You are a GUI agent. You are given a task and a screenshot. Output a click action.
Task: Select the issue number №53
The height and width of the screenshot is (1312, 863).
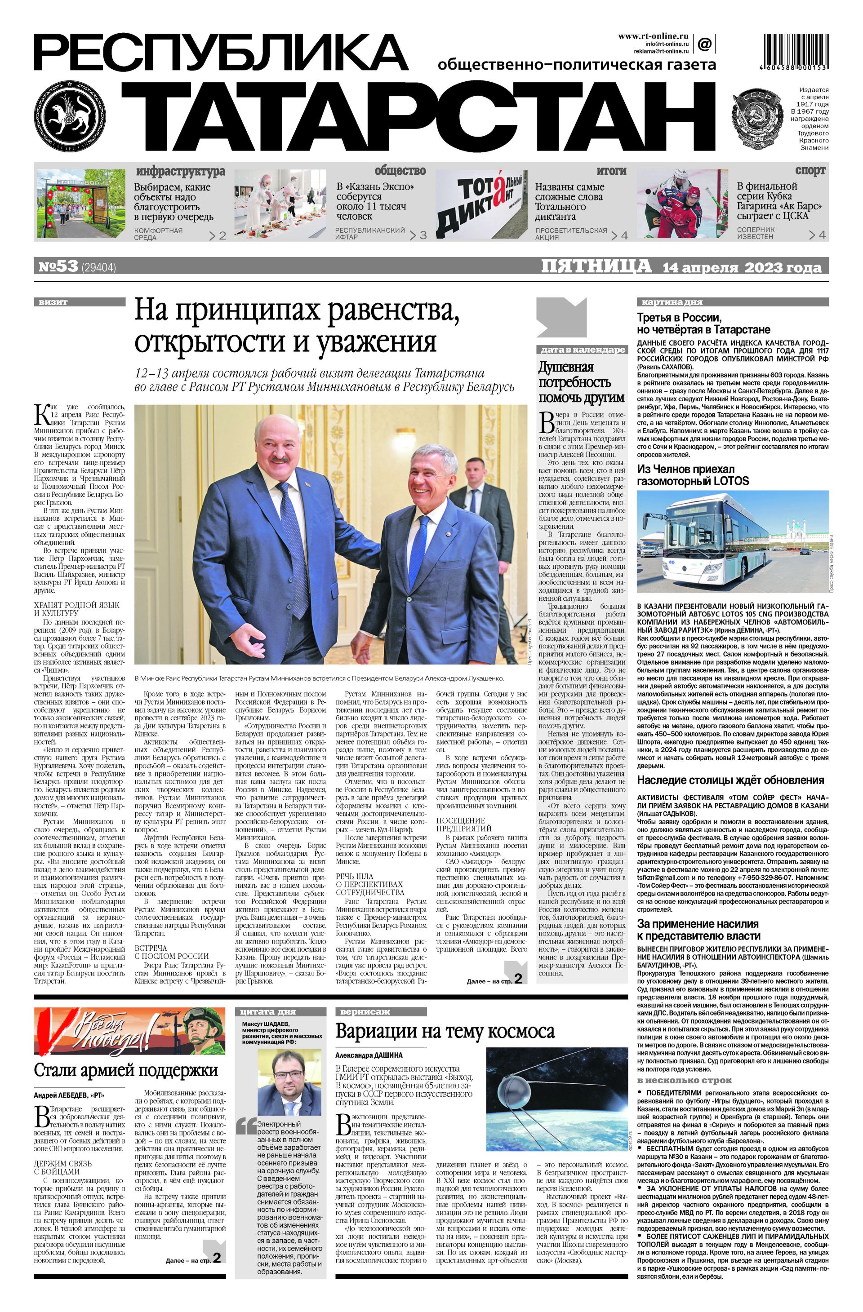(x=58, y=267)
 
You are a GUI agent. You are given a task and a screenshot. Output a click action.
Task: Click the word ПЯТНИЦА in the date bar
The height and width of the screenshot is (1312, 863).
(x=596, y=266)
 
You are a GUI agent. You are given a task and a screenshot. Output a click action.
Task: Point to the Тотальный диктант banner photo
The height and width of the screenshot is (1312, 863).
(x=481, y=204)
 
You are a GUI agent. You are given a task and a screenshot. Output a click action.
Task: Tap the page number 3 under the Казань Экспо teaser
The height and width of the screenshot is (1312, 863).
(x=423, y=235)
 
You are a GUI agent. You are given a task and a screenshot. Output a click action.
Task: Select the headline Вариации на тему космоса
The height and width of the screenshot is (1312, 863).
(x=445, y=1030)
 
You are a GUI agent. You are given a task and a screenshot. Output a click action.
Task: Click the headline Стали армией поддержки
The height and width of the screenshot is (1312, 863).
(x=126, y=1070)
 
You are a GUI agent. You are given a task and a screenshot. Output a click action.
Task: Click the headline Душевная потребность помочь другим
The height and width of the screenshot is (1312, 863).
(x=581, y=382)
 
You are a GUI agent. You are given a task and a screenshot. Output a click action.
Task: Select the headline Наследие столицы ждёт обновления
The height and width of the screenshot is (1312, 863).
(x=731, y=780)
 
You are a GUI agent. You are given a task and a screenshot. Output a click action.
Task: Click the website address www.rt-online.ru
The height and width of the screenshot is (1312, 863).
(x=653, y=36)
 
